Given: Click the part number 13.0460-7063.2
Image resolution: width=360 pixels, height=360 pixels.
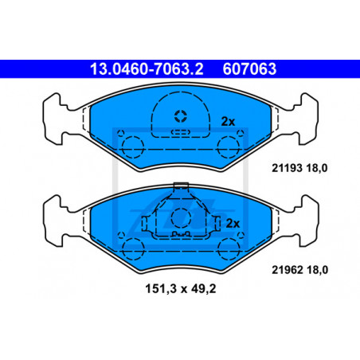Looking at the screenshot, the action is click(x=147, y=69).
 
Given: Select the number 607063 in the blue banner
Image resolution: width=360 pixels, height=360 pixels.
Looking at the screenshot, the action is click(x=249, y=69).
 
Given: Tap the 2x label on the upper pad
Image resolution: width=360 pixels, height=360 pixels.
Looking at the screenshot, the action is click(x=229, y=122).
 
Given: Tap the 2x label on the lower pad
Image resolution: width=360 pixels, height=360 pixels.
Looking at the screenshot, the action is click(x=233, y=224).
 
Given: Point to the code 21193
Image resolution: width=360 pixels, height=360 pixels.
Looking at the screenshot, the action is click(x=287, y=168).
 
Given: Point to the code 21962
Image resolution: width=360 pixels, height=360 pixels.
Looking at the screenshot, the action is click(x=288, y=270).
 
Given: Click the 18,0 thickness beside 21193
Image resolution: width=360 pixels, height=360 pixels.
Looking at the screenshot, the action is click(x=317, y=168).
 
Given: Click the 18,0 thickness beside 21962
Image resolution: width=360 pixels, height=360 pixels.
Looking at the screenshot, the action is click(x=318, y=270).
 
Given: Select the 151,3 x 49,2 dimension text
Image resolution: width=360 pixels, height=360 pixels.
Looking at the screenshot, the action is click(x=181, y=289).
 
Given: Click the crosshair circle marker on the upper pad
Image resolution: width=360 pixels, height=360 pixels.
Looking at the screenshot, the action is click(x=181, y=116).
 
